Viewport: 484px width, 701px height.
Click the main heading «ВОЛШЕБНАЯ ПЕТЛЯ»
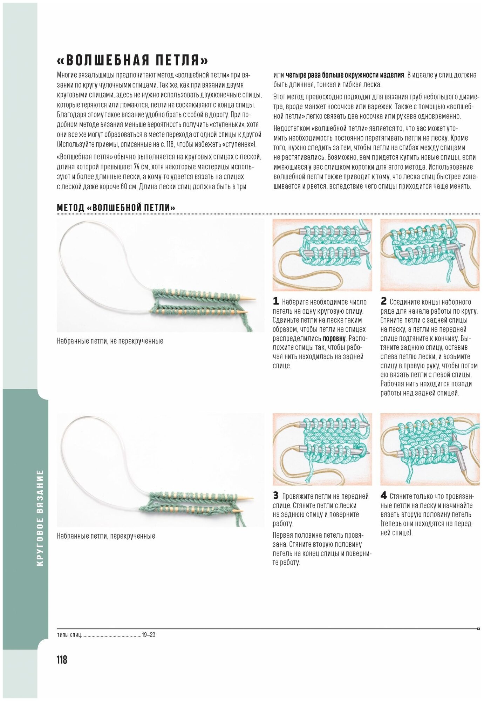tap(132, 60)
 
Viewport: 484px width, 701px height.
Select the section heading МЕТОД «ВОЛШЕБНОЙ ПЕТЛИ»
tap(116, 207)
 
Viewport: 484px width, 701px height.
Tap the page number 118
tap(62, 660)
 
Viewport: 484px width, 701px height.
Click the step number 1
tap(276, 301)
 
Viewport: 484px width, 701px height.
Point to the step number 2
tap(383, 301)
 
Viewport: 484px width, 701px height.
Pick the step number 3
tap(276, 496)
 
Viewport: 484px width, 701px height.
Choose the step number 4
tap(383, 496)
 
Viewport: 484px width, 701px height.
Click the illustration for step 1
tap(322, 255)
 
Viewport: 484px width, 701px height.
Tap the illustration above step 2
tap(430, 255)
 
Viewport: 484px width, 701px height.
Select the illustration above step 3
tap(322, 449)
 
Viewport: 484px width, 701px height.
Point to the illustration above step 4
tap(430, 449)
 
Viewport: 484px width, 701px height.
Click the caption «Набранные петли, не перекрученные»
tap(110, 341)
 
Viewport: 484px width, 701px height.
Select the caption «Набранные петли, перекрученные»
tap(106, 536)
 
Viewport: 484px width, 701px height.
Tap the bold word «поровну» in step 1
tap(334, 339)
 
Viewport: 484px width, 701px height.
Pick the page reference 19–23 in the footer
tap(149, 635)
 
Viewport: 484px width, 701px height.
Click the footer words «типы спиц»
tap(69, 635)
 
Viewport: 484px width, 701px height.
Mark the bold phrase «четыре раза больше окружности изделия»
tap(345, 75)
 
